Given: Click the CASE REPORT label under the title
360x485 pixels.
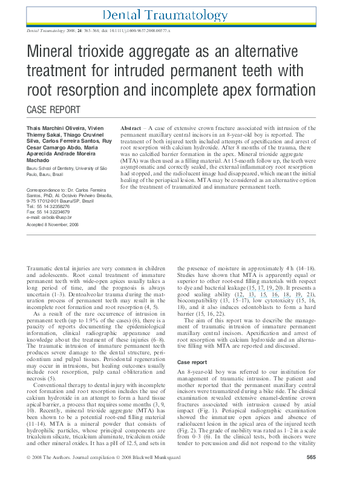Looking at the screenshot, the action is [x=54, y=109].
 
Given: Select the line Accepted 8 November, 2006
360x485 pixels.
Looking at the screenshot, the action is [x=53, y=224].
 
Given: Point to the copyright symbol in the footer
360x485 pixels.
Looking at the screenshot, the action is [x=29, y=474].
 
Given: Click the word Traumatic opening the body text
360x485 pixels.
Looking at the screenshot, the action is [x=40, y=267].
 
